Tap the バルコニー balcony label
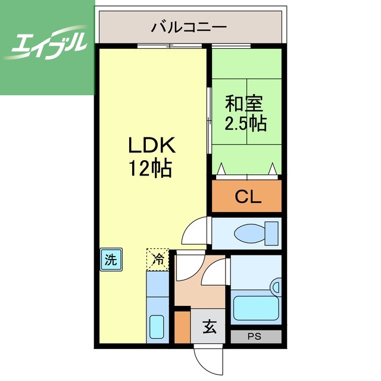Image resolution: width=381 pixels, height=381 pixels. [188, 27]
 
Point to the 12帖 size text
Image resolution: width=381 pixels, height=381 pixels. [151, 169]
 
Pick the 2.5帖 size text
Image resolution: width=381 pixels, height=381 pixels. [245, 124]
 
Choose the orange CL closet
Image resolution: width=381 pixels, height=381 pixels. [247, 196]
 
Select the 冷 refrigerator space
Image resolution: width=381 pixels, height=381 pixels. [158, 259]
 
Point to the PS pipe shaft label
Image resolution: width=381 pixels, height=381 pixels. [255, 336]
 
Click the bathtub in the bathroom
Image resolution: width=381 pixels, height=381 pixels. [256, 308]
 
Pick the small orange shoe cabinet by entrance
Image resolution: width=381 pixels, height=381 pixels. [182, 326]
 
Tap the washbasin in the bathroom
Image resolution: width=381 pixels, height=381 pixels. [275, 288]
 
